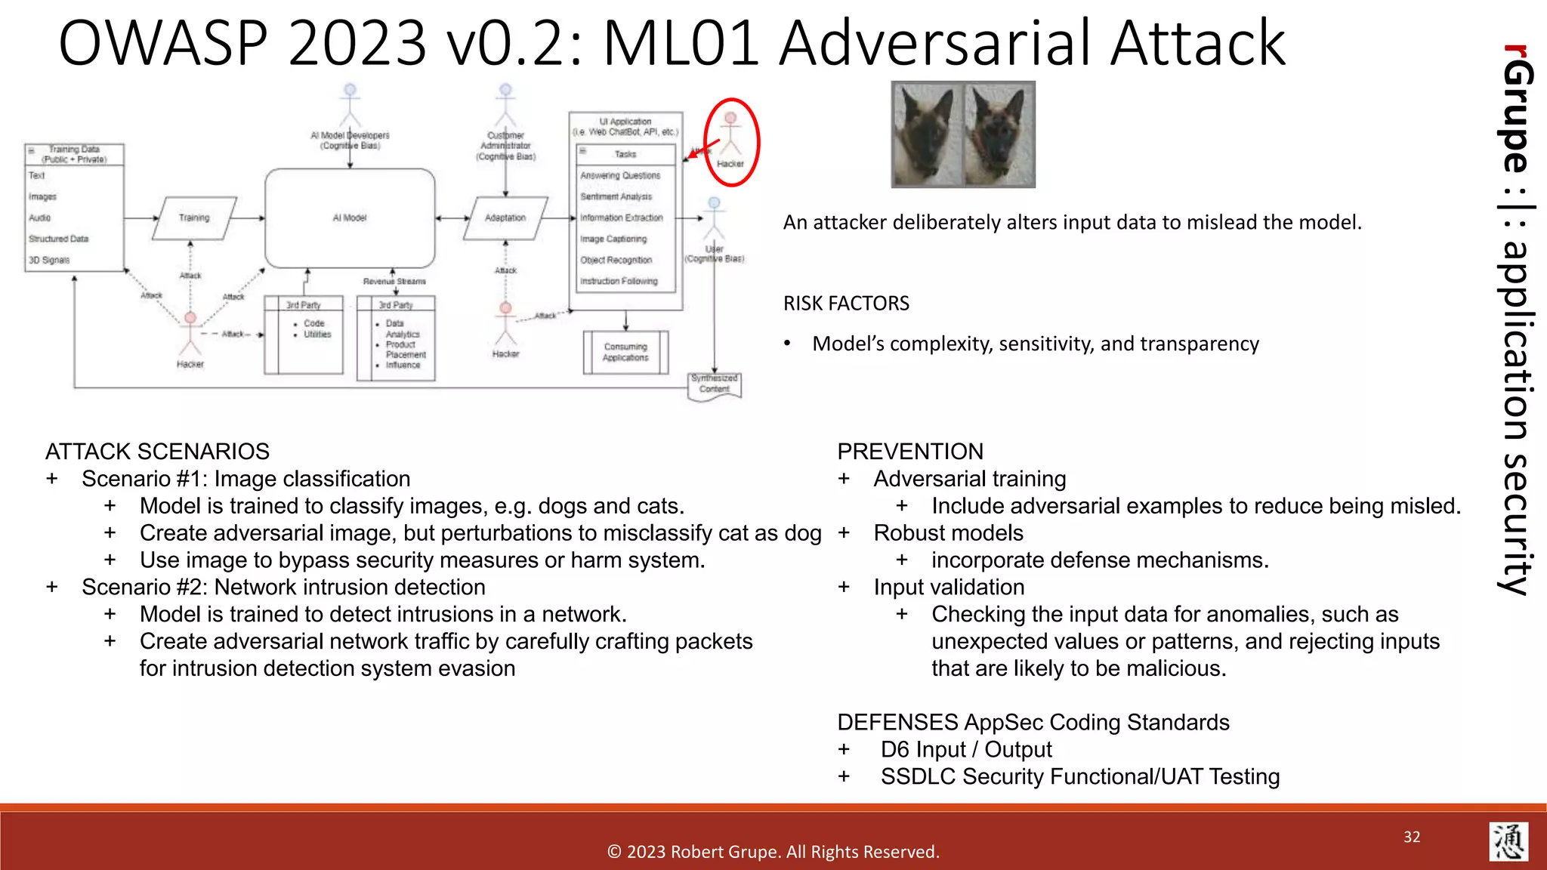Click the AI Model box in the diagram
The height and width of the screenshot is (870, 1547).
350,217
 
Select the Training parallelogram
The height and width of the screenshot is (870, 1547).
194,217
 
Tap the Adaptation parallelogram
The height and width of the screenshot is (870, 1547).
505,217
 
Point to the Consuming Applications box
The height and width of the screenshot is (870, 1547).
625,352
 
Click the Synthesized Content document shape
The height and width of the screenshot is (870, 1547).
715,385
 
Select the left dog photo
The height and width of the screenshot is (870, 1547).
928,134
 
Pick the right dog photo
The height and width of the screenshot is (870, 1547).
999,134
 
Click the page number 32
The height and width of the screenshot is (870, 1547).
1412,837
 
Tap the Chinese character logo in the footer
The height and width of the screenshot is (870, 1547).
1508,841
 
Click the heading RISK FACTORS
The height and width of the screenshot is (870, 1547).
846,304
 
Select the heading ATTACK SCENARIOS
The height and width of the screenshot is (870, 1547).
157,452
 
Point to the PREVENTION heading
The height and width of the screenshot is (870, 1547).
910,452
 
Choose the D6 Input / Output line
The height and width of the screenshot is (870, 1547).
965,749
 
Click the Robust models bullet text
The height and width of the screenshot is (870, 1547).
948,533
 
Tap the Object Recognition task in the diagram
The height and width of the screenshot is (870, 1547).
616,260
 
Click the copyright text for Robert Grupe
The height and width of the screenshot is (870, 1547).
773,852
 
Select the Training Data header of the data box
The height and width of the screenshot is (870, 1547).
74,154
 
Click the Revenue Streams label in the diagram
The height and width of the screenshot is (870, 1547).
394,281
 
